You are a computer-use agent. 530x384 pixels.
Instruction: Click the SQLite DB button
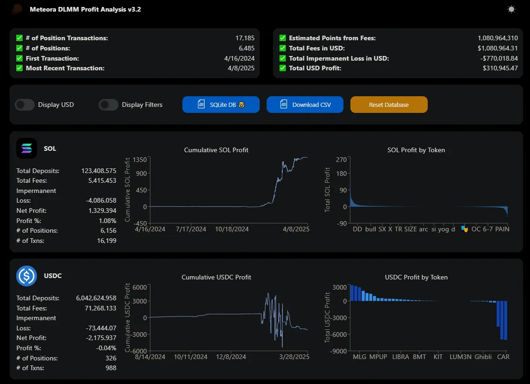221,105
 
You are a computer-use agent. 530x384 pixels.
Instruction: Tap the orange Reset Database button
389,105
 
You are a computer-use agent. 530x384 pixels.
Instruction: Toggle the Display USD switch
25,105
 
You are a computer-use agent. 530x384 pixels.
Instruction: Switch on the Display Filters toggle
108,105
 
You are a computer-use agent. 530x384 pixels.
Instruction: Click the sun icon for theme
511,9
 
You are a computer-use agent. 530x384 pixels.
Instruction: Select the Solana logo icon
27,148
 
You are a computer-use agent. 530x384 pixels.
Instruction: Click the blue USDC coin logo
27,276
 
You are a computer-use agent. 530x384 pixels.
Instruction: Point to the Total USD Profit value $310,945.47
500,68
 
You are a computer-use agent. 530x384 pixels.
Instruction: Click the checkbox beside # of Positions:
19,48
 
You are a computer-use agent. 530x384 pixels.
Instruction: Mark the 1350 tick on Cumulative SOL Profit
140,160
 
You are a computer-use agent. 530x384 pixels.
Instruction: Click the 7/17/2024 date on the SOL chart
191,229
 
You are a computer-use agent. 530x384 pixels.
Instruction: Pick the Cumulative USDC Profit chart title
216,277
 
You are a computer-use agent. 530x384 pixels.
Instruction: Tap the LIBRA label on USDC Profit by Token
400,357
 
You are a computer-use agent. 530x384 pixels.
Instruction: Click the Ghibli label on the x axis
483,357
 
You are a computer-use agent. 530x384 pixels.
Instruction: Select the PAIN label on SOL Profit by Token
502,229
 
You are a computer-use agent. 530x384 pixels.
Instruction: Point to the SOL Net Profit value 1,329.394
102,211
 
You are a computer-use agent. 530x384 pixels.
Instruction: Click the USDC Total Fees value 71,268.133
100,308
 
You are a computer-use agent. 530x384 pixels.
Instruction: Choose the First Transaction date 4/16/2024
239,58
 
